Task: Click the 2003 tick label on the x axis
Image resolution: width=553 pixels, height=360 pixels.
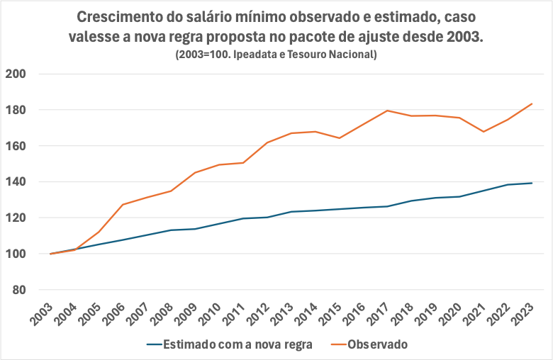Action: (41, 312)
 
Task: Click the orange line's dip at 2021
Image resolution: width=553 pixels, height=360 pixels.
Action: (483, 132)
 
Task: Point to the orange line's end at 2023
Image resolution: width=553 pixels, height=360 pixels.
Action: (532, 104)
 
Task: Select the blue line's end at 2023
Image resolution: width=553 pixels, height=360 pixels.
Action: (532, 183)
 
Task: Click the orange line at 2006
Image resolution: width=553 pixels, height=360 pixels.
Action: (123, 205)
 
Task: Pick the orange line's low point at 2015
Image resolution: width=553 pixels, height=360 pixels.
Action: (339, 137)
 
